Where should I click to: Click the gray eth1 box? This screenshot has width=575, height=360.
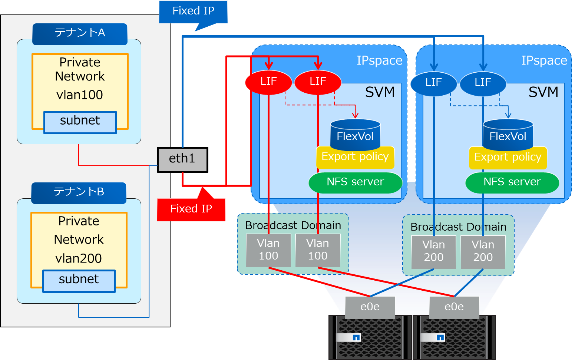tap(182, 159)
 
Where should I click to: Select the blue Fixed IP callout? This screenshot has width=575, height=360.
tap(193, 11)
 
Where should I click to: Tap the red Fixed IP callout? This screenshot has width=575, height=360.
tap(191, 209)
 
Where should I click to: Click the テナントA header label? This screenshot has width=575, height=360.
tap(80, 33)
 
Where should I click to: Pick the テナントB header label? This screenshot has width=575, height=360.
tap(79, 192)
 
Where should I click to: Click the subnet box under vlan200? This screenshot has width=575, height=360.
tap(79, 280)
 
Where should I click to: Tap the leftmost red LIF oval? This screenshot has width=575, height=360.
tap(268, 82)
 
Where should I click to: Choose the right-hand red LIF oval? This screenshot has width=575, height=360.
tap(318, 82)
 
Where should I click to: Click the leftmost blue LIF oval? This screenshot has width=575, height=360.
tap(433, 83)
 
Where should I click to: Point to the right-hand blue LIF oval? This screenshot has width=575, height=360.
tap(483, 83)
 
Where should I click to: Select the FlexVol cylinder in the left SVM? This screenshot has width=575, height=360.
tap(355, 133)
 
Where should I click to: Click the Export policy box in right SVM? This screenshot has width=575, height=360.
tap(508, 158)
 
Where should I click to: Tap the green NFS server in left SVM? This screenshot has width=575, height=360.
tap(355, 182)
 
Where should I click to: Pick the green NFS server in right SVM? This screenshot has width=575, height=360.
tap(512, 182)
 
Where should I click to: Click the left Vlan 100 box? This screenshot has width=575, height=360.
tap(268, 250)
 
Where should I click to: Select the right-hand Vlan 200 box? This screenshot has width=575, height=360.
tap(483, 251)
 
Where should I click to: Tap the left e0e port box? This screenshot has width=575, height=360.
tap(370, 307)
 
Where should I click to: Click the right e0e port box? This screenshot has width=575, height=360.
tap(454, 307)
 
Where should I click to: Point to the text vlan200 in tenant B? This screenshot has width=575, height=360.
tap(79, 258)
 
